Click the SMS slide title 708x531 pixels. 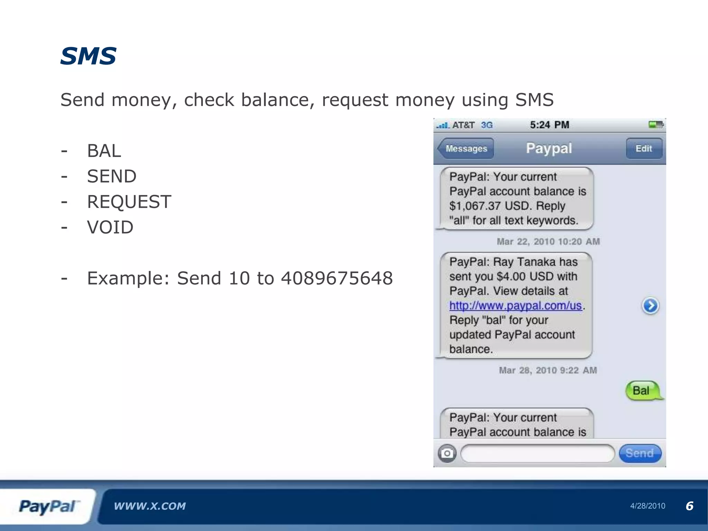(88, 56)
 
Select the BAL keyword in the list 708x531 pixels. (104, 151)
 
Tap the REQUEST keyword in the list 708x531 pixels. (129, 202)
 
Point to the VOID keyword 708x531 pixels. (110, 227)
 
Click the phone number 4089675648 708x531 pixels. (337, 278)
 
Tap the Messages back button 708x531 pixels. (466, 149)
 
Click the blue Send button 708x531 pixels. (640, 453)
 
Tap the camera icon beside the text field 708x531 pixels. (447, 453)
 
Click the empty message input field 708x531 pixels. (537, 453)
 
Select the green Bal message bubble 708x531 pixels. (642, 391)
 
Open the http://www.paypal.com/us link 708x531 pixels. (515, 306)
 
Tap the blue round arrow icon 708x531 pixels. (650, 306)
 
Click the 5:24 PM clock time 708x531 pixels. (549, 125)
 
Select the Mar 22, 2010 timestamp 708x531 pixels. (548, 242)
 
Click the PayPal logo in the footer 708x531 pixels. (48, 506)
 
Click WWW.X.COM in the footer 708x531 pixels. (150, 506)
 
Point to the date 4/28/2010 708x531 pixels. (648, 506)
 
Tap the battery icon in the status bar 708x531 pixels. (656, 125)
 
